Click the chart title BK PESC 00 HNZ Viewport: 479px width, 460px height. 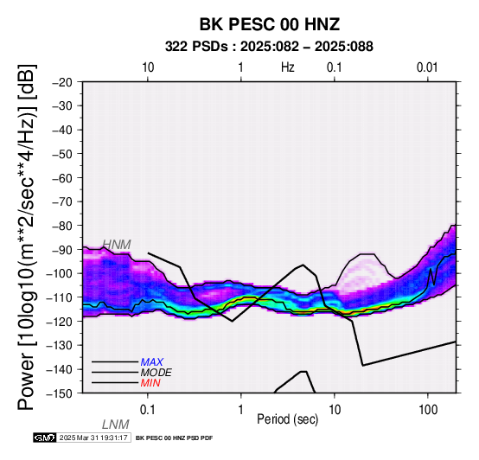(x=270, y=24)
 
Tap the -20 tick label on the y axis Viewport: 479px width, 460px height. (x=62, y=82)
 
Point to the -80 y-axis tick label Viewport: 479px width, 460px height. (x=62, y=226)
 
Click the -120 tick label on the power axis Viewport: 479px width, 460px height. (x=60, y=322)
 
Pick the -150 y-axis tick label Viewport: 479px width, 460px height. (x=60, y=393)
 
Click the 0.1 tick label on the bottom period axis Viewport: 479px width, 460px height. (x=148, y=410)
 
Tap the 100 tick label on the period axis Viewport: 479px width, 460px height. (x=428, y=410)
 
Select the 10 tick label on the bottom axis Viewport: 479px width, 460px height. (x=335, y=410)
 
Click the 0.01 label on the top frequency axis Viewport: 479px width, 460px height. (x=427, y=67)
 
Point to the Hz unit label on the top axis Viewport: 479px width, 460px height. (x=287, y=67)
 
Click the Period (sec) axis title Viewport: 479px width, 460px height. (x=287, y=419)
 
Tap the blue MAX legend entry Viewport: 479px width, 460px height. (x=152, y=362)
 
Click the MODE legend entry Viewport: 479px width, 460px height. (x=156, y=373)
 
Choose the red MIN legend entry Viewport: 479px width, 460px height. (x=150, y=383)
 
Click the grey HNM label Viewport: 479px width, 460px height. (x=117, y=245)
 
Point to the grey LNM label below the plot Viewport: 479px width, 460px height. (x=116, y=425)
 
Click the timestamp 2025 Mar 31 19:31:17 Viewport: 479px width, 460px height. (x=93, y=438)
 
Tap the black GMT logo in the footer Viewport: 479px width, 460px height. (x=45, y=438)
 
